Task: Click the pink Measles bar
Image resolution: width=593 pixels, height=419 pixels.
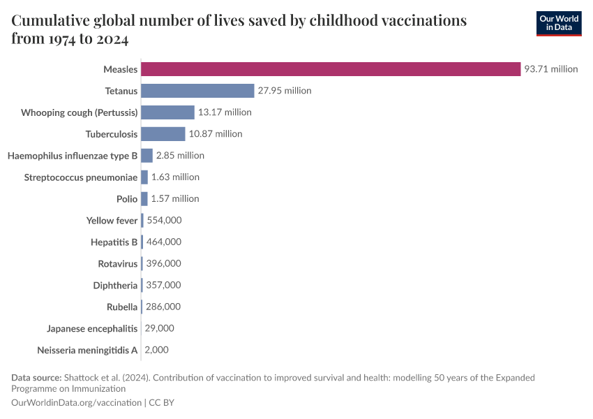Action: pyautogui.click(x=331, y=69)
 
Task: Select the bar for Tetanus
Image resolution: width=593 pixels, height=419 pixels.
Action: pyautogui.click(x=197, y=91)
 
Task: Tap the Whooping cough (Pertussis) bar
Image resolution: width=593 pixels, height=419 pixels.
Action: pyautogui.click(x=167, y=112)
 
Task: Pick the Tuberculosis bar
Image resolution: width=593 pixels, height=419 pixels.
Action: pyautogui.click(x=163, y=134)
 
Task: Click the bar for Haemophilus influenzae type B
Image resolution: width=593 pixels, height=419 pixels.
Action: pyautogui.click(x=147, y=156)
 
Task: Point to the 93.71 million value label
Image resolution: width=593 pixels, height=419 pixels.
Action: pyautogui.click(x=551, y=69)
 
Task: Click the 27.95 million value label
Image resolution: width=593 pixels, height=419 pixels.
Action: pyautogui.click(x=285, y=91)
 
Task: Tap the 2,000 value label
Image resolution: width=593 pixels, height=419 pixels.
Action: pyautogui.click(x=156, y=350)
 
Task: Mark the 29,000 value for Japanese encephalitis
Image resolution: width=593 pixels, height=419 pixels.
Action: pyautogui.click(x=159, y=328)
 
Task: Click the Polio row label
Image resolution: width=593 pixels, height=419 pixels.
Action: pyautogui.click(x=127, y=199)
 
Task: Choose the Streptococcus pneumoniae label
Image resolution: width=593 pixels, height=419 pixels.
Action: pyautogui.click(x=81, y=177)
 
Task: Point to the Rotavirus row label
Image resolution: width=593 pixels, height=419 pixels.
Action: pyautogui.click(x=118, y=264)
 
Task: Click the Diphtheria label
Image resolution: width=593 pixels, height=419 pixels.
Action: pyautogui.click(x=115, y=286)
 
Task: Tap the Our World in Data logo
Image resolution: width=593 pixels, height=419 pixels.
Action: pyautogui.click(x=559, y=24)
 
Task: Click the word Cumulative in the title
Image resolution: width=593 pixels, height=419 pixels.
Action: pyautogui.click(x=51, y=20)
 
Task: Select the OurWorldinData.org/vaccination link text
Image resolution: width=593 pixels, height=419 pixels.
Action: pyautogui.click(x=76, y=403)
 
